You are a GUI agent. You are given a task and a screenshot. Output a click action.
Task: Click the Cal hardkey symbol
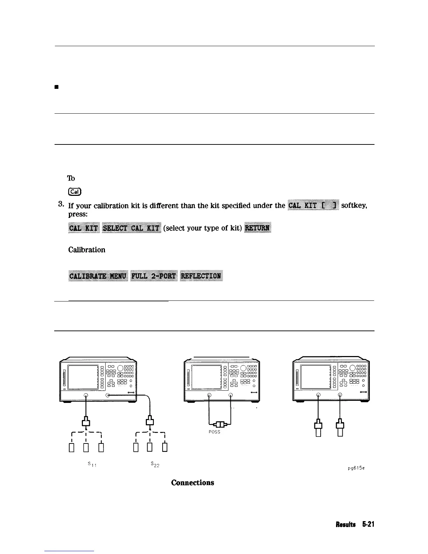tap(74, 191)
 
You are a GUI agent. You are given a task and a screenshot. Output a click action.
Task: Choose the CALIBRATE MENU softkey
tap(98, 276)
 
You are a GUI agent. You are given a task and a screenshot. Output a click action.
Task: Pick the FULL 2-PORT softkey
tap(154, 276)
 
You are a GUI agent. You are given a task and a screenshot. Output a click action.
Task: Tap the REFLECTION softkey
tap(201, 276)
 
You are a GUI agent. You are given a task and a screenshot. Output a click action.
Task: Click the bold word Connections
tap(192, 483)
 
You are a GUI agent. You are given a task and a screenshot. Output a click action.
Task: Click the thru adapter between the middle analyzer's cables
tap(220, 424)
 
